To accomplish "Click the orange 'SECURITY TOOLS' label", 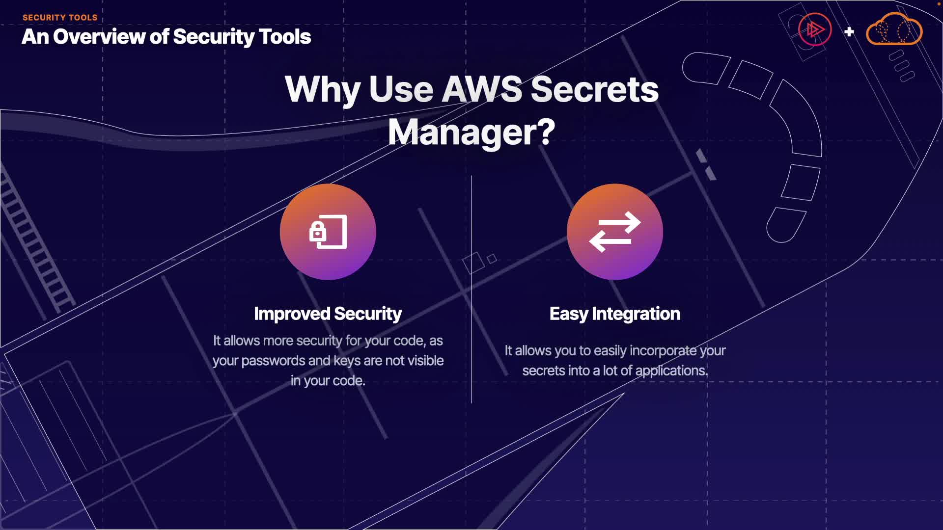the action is [60, 18].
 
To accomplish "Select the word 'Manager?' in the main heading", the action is [471, 132].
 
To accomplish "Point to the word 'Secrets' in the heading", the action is [595, 89].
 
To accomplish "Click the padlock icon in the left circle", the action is [318, 232].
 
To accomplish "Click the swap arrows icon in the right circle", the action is [615, 232].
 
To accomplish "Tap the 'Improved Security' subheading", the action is [328, 314].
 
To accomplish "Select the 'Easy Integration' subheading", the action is [615, 314].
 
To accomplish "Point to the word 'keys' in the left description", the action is [347, 361].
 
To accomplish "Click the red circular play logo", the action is [815, 30].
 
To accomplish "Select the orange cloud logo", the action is [894, 30].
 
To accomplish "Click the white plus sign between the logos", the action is [849, 32].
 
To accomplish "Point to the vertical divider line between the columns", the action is [471, 290].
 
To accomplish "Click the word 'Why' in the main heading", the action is [322, 89].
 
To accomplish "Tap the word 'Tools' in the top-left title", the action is [284, 37].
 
